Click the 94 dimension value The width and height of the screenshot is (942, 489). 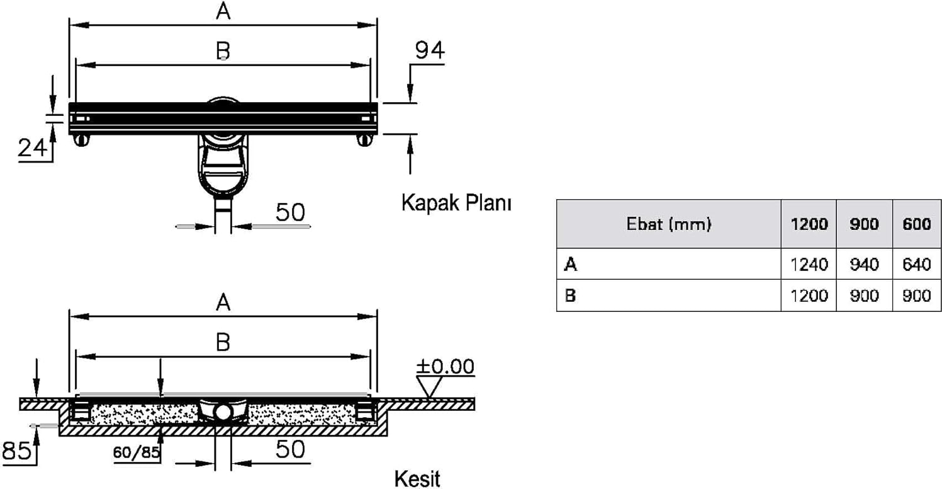point(429,50)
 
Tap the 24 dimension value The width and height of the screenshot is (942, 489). point(32,148)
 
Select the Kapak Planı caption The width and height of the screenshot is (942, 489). point(456,203)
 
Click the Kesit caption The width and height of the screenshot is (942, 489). point(417,479)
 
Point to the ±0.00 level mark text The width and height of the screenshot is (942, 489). point(446,366)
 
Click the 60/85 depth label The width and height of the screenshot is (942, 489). point(137,453)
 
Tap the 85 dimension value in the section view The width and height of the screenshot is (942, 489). point(17,450)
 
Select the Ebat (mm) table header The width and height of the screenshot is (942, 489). point(669,224)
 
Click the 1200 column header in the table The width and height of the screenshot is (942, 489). point(809,224)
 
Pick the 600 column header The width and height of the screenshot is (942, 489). point(917,224)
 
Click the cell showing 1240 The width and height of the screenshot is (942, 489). point(809,265)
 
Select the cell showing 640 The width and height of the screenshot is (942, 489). point(917,265)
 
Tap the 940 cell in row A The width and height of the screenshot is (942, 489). point(864,265)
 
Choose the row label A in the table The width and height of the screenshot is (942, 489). point(571,265)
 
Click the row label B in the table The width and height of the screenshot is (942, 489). point(570,296)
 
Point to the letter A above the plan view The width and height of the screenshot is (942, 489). point(223,11)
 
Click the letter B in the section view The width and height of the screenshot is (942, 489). point(223,342)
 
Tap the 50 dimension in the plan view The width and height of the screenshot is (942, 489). point(290,212)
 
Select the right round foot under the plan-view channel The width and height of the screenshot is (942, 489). point(364,139)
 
